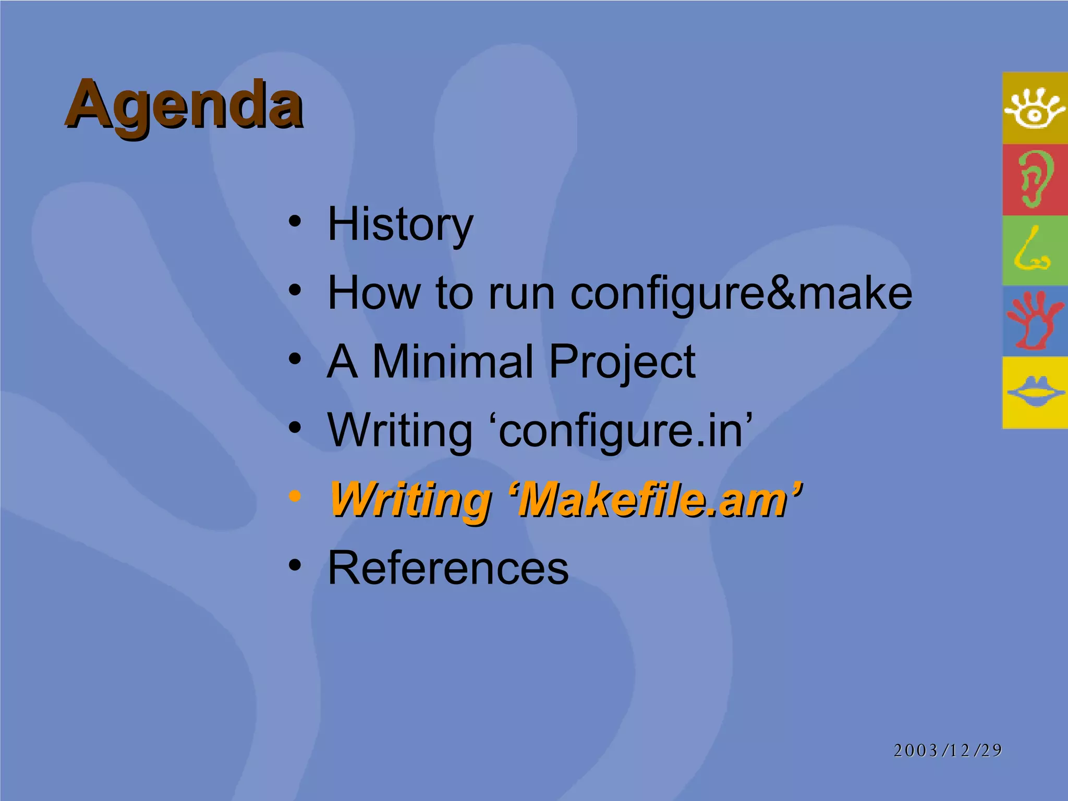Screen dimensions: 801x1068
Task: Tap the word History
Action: pyautogui.click(x=400, y=224)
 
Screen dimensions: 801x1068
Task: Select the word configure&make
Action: pyautogui.click(x=741, y=294)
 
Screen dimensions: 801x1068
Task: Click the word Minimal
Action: pyautogui.click(x=453, y=361)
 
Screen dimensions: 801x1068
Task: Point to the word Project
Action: pyautogui.click(x=622, y=362)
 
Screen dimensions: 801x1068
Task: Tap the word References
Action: pyautogui.click(x=448, y=568)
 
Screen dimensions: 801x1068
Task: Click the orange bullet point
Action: pyautogui.click(x=295, y=496)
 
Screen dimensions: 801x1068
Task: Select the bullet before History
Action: pyautogui.click(x=295, y=221)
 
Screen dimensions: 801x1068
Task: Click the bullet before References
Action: pyautogui.click(x=295, y=565)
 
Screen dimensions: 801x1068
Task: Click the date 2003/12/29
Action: pyautogui.click(x=948, y=750)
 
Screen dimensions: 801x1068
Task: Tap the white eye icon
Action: pyautogui.click(x=1034, y=108)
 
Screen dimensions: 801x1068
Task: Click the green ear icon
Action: pyautogui.click(x=1034, y=179)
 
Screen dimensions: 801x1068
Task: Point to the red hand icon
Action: pyautogui.click(x=1034, y=321)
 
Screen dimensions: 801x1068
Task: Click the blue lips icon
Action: pyautogui.click(x=1035, y=392)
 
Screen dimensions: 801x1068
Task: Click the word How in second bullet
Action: pyautogui.click(x=373, y=294)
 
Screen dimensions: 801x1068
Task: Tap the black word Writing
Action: pyautogui.click(x=399, y=431)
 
